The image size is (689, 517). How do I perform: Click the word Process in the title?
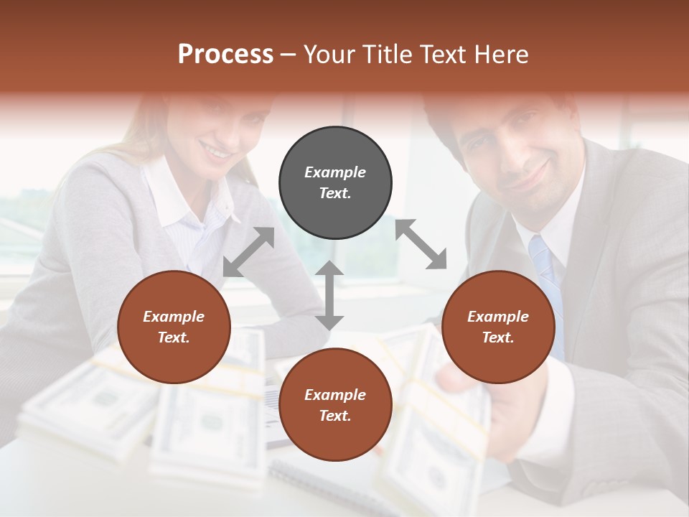225,55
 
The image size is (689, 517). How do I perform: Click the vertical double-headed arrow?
329,295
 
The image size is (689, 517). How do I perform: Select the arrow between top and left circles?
248,252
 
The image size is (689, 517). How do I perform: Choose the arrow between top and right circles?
421,244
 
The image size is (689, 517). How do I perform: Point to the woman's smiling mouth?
216,150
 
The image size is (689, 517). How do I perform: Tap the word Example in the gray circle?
335,172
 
